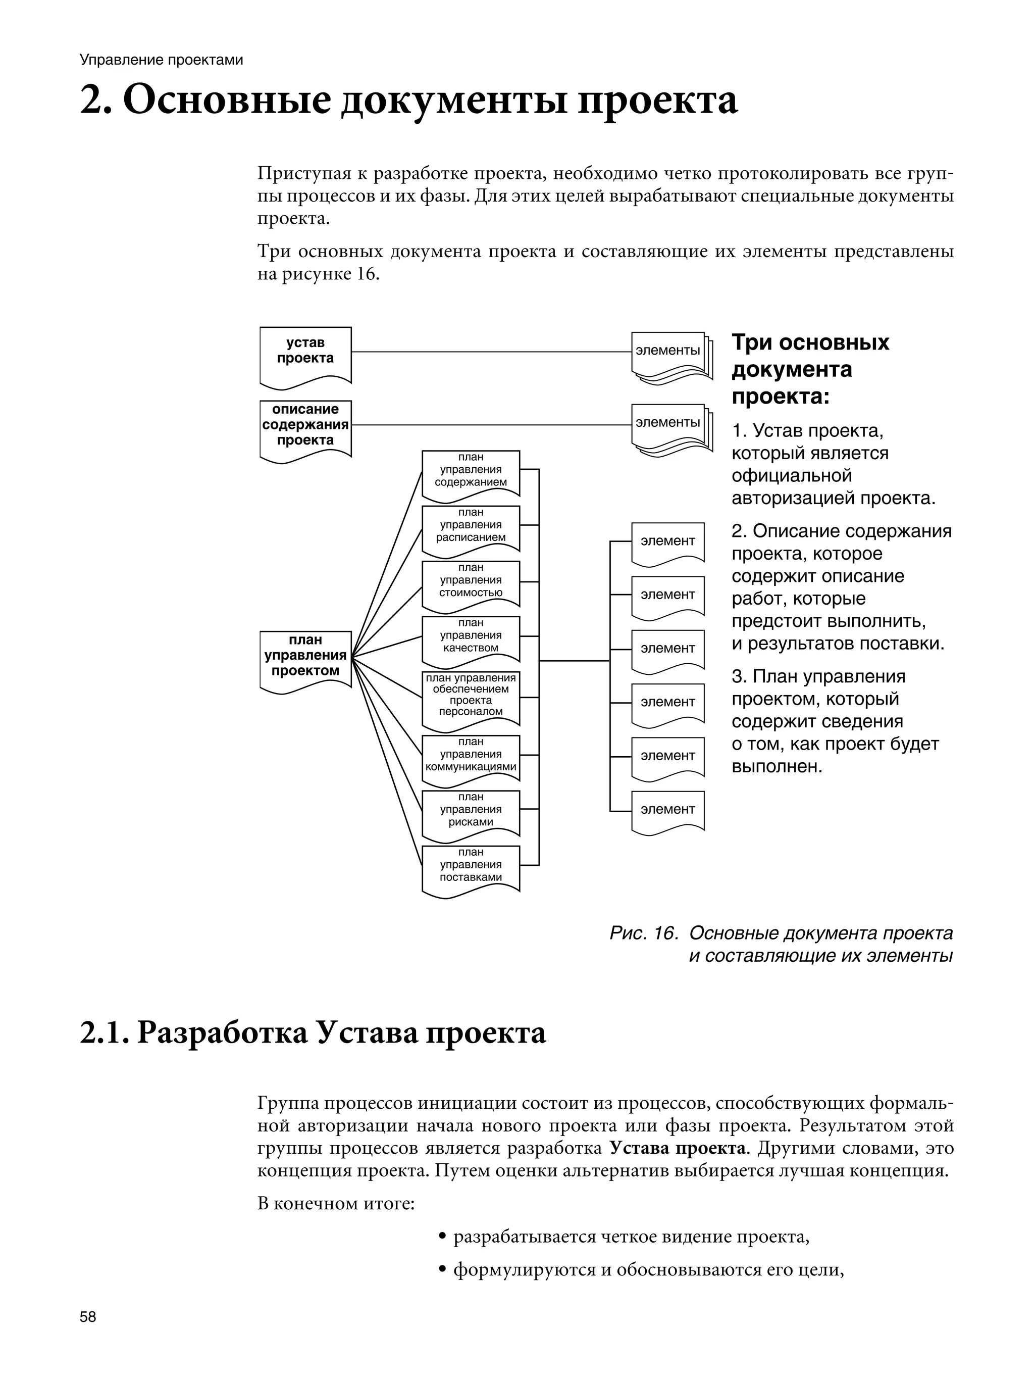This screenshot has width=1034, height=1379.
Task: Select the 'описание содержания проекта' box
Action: coord(305,426)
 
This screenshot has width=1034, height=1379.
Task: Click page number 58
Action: coord(88,1317)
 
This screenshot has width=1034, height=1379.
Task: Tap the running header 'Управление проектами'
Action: coord(161,60)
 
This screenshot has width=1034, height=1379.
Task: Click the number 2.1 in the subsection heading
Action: coord(103,1033)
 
